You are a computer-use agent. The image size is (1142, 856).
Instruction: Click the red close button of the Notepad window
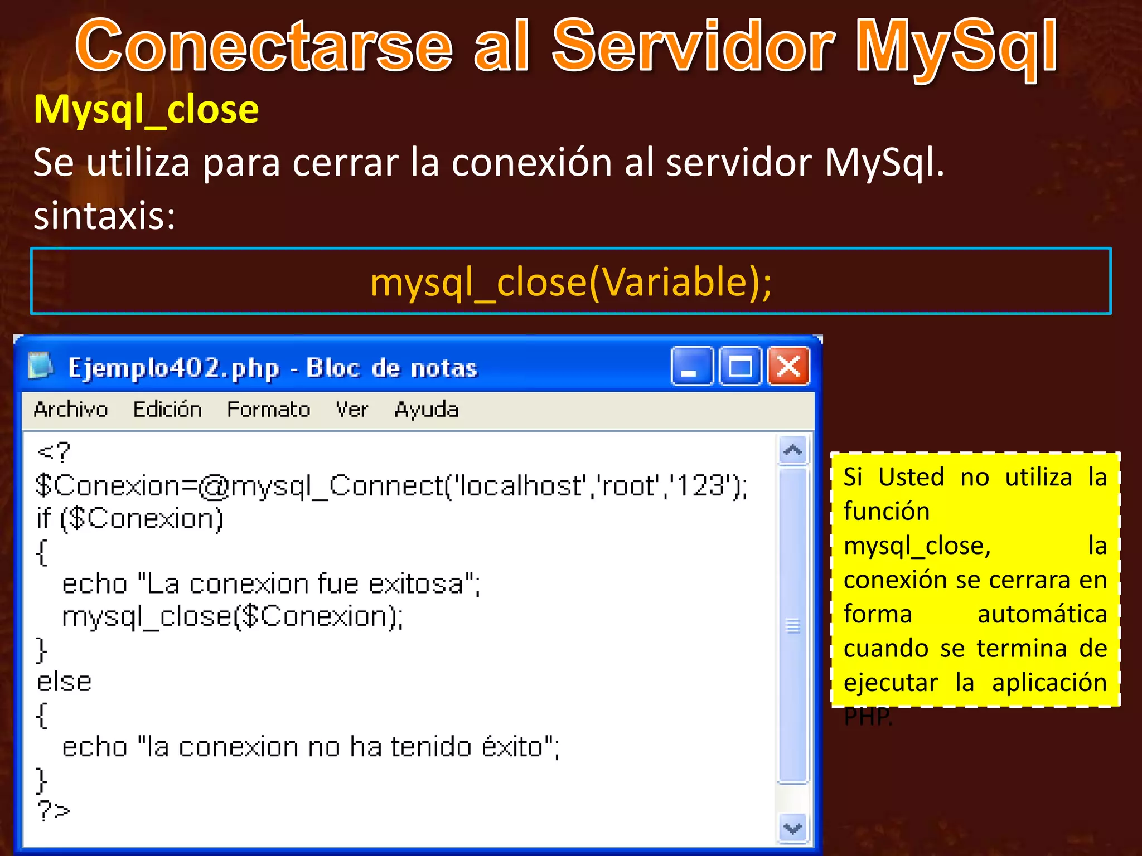point(788,367)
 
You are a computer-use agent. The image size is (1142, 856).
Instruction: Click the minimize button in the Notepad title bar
point(692,367)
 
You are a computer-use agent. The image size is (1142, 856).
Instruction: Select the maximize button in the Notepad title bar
point(740,367)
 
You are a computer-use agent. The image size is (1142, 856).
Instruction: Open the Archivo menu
point(70,410)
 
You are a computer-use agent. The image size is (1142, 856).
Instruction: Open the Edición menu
point(167,410)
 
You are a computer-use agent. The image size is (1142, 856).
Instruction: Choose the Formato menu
point(268,410)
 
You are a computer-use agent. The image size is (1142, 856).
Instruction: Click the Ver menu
point(351,410)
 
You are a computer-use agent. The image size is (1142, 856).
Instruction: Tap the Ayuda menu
point(427,410)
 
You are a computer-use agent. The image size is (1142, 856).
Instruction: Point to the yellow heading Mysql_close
point(146,110)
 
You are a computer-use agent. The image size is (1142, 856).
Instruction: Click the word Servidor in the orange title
point(693,47)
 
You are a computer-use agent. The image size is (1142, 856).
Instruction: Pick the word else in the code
point(64,682)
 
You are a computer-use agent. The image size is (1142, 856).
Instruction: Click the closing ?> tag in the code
point(54,810)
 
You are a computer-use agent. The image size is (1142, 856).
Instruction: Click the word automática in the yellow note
point(1042,615)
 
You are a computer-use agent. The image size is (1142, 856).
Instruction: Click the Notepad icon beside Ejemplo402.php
point(40,366)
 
